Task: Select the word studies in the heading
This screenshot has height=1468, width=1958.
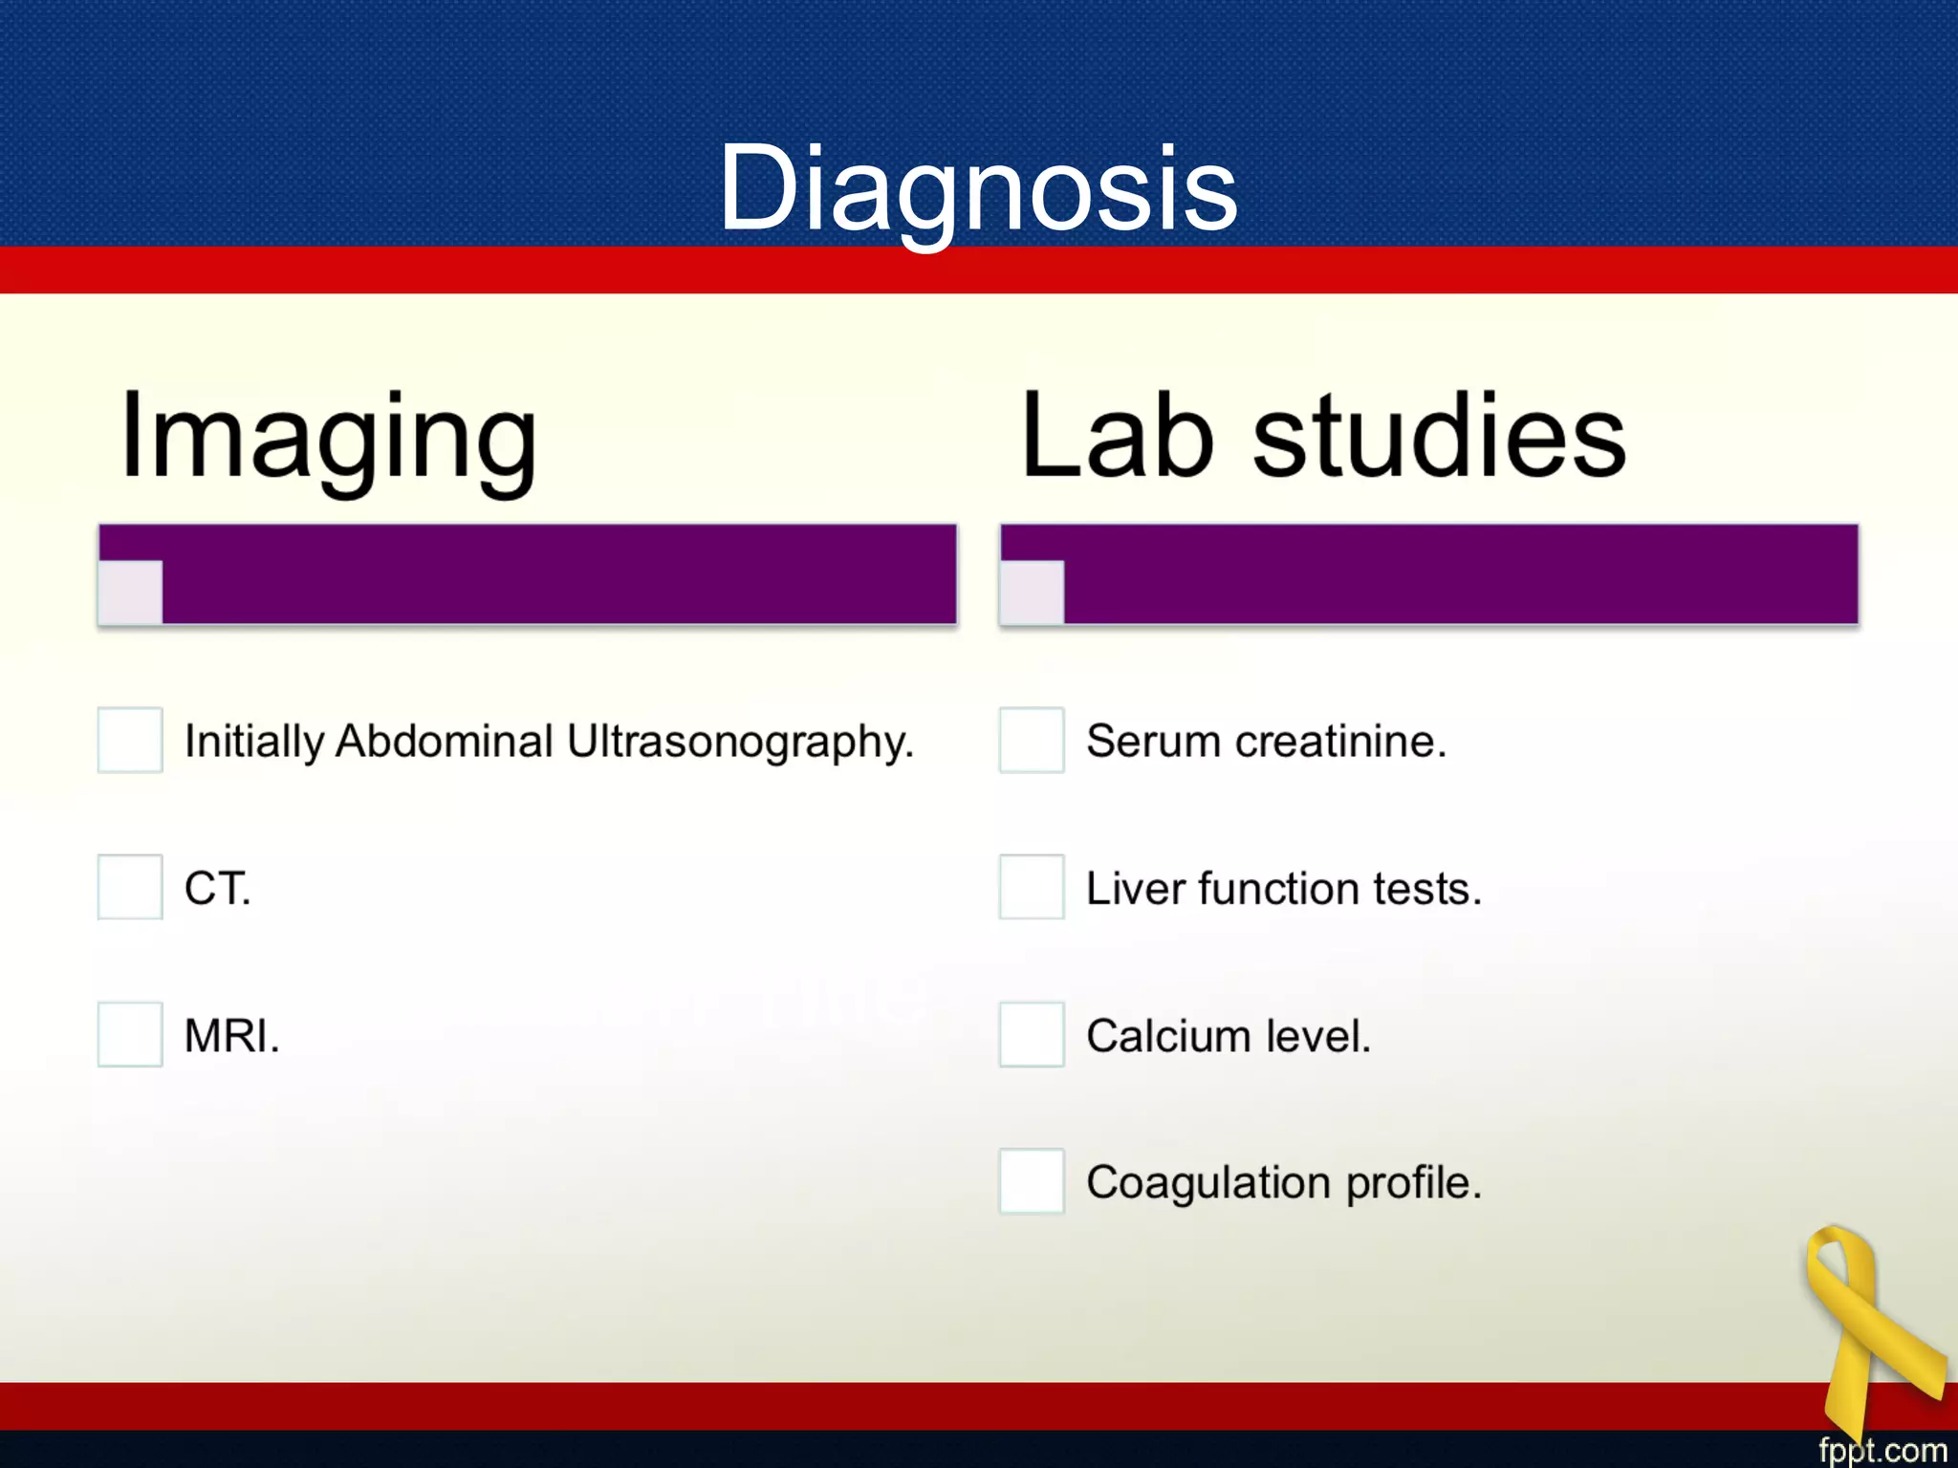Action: [1439, 438]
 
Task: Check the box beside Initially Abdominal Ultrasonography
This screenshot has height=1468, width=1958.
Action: [130, 740]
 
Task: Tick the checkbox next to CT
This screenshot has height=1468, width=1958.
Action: [130, 887]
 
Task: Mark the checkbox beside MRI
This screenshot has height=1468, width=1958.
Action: [130, 1034]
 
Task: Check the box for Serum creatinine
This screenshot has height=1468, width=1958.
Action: [1032, 740]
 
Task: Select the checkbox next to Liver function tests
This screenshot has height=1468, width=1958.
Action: [1032, 887]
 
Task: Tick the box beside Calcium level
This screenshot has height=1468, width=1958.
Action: [1032, 1034]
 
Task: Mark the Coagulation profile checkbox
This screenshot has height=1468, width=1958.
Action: [1032, 1181]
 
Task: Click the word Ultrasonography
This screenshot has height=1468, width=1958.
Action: [740, 743]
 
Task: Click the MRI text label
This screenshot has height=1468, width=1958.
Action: [232, 1036]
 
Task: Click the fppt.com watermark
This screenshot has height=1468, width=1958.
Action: [1882, 1450]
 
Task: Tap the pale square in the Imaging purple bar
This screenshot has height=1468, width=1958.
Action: [131, 592]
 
